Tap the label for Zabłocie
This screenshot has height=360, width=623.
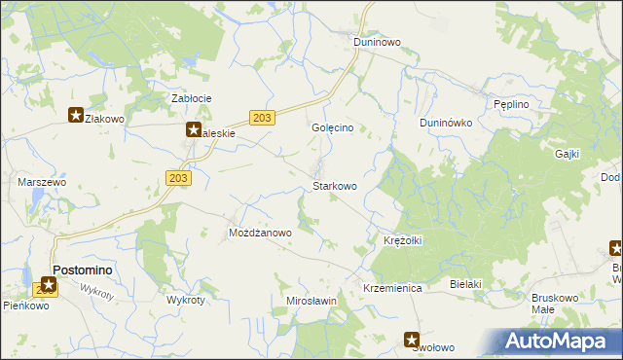pyautogui.click(x=192, y=98)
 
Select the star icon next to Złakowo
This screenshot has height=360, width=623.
pyautogui.click(x=75, y=116)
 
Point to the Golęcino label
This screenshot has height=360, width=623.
pyautogui.click(x=338, y=127)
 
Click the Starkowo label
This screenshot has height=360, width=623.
pyautogui.click(x=334, y=185)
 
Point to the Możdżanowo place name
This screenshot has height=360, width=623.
pyautogui.click(x=260, y=234)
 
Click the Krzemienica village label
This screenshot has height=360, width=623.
pyautogui.click(x=391, y=289)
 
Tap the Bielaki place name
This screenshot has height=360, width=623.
pyautogui.click(x=466, y=283)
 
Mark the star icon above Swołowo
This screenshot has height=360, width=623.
pyautogui.click(x=413, y=340)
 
